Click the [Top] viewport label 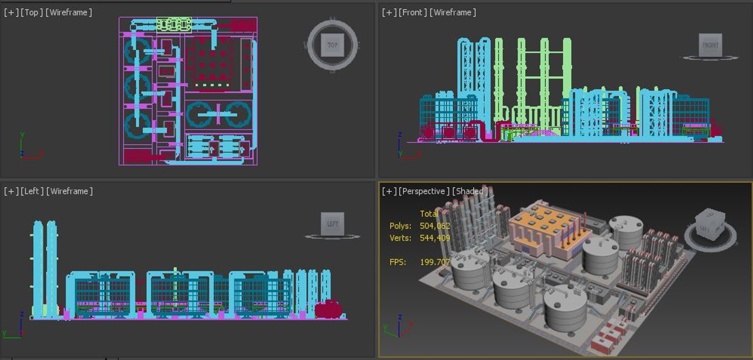click(x=31, y=13)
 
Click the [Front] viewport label click(x=412, y=13)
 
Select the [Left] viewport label click(x=32, y=191)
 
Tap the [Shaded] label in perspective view click(x=470, y=191)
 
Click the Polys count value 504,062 click(x=435, y=226)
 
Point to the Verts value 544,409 click(x=435, y=238)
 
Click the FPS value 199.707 click(x=435, y=262)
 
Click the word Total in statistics click(x=429, y=214)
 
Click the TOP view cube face click(x=332, y=45)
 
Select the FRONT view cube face click(x=710, y=45)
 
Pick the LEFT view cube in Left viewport click(x=332, y=224)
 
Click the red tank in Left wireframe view click(x=329, y=309)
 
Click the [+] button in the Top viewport click(x=11, y=13)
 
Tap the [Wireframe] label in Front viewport click(x=453, y=13)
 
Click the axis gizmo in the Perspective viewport click(x=399, y=327)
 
